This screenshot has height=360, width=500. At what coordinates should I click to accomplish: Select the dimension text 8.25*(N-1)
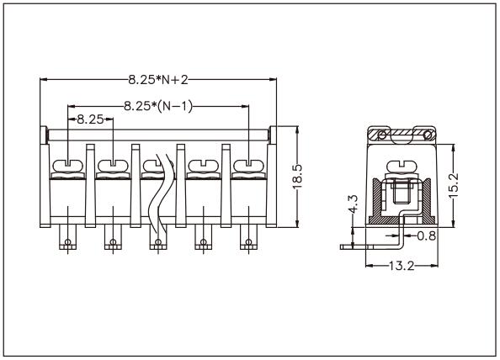point(157,106)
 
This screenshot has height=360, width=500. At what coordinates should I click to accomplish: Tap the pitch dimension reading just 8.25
point(90,119)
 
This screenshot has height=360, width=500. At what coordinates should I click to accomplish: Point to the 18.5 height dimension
point(297,177)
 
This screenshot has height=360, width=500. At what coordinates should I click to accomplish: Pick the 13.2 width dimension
point(401,267)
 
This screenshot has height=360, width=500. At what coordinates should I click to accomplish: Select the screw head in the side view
point(401,163)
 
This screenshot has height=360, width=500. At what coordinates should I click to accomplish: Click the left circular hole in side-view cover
point(381,135)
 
